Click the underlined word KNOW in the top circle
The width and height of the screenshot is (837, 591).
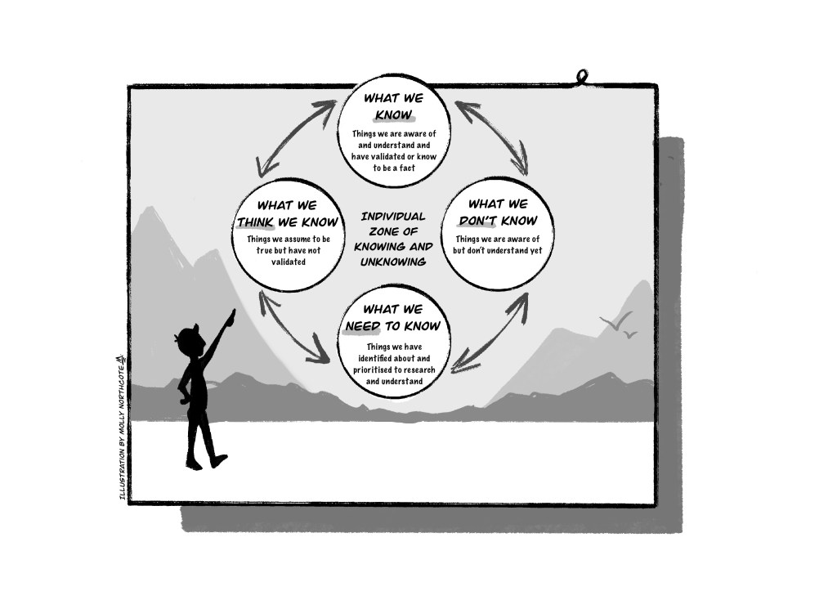[x=392, y=114]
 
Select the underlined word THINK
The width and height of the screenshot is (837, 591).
[x=254, y=221]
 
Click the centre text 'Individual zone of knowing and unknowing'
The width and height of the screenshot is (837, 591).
[x=393, y=239]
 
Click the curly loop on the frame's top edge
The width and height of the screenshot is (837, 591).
[x=581, y=78]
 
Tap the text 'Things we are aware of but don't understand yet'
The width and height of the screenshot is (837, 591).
[x=498, y=244]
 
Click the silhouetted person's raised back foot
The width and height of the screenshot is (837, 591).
[x=218, y=460]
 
